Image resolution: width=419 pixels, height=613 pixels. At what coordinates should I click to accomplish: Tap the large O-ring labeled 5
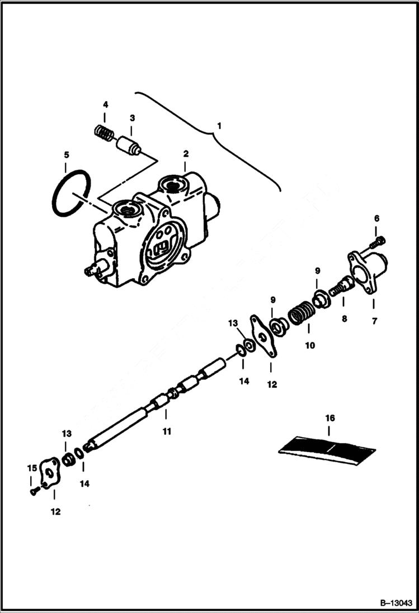point(71,192)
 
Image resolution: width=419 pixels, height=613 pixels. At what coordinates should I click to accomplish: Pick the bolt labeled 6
point(378,242)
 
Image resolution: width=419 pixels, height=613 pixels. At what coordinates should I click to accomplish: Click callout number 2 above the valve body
point(185,153)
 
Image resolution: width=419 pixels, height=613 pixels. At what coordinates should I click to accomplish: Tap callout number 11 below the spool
point(166,431)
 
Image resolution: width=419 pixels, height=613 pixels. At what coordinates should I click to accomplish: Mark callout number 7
point(373,321)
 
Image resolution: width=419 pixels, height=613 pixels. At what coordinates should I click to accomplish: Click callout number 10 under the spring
point(309,345)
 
